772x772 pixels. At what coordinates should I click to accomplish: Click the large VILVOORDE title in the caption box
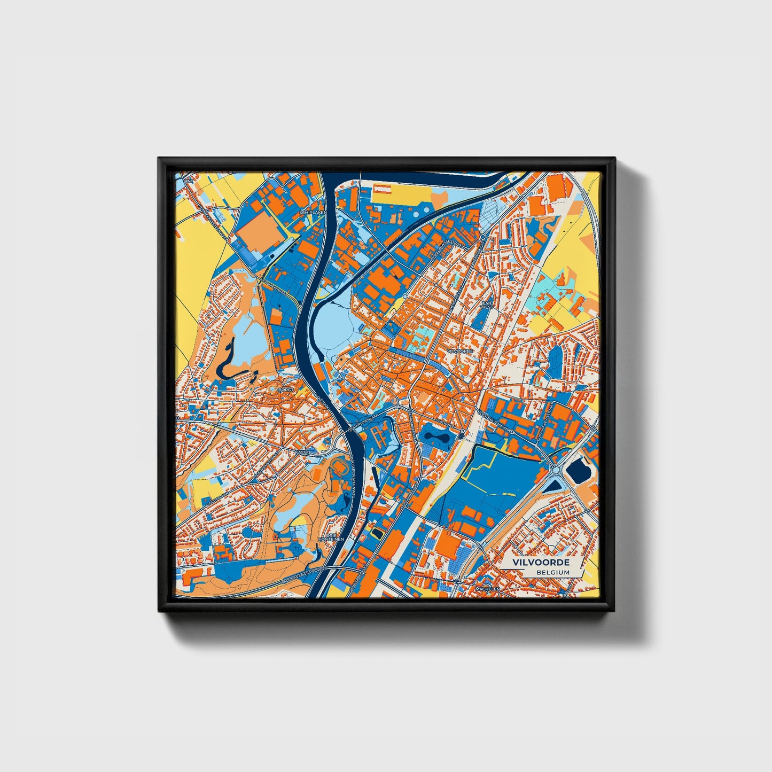coord(541,563)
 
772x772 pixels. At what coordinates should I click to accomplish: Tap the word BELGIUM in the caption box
coord(553,572)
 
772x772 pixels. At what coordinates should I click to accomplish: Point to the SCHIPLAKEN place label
coord(312,212)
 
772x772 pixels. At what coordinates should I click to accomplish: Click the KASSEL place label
coord(302,452)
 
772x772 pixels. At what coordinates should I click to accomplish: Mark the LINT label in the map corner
coord(186,182)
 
